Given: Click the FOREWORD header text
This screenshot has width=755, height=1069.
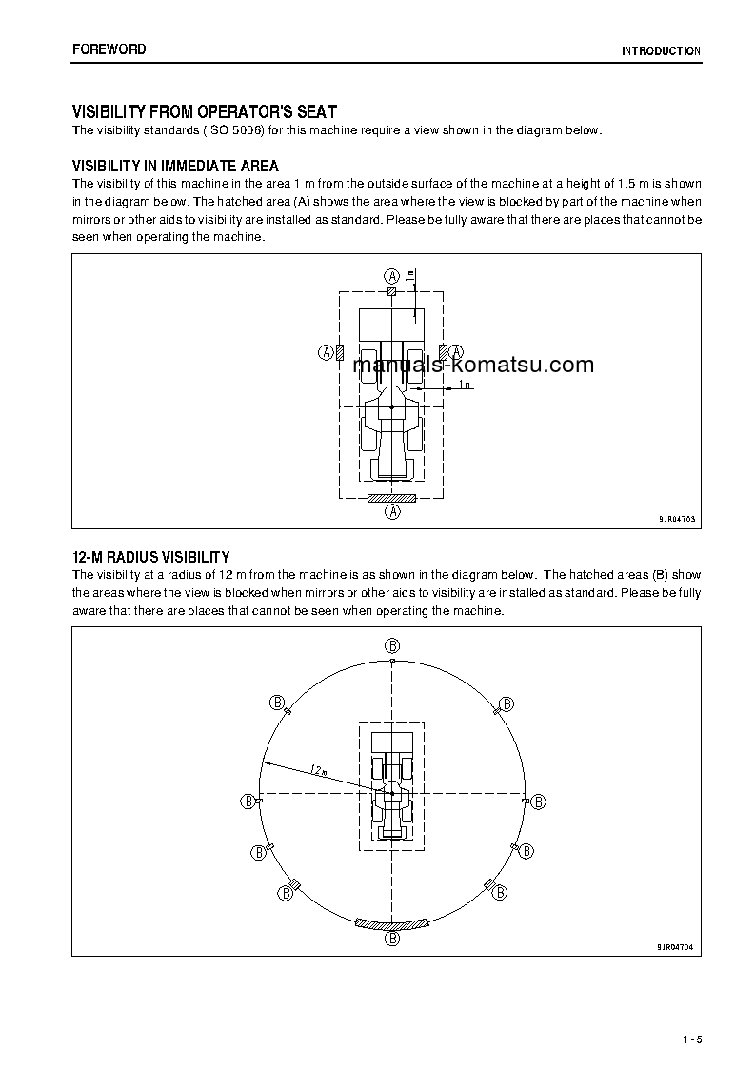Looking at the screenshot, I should pyautogui.click(x=109, y=49).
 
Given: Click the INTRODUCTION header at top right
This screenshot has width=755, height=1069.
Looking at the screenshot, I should pyautogui.click(x=661, y=51).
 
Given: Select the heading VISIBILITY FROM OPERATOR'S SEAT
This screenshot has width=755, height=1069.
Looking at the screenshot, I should pyautogui.click(x=205, y=112).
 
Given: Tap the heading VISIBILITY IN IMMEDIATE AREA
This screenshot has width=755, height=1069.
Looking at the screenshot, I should pyautogui.click(x=175, y=167).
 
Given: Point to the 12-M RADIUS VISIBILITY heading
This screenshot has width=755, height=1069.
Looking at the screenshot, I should pyautogui.click(x=151, y=557).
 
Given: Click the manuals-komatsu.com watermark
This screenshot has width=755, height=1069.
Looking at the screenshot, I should pyautogui.click(x=473, y=365).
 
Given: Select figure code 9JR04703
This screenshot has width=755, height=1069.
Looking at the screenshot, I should pyautogui.click(x=676, y=519).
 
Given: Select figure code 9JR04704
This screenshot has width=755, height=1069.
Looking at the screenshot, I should pyautogui.click(x=676, y=947).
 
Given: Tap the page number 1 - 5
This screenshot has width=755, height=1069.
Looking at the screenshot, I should pyautogui.click(x=692, y=1039).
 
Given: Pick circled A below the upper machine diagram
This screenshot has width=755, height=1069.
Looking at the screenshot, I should pyautogui.click(x=391, y=512).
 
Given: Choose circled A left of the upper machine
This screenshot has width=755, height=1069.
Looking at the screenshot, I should pyautogui.click(x=325, y=352).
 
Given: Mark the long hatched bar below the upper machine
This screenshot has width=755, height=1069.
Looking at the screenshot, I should pyautogui.click(x=391, y=497).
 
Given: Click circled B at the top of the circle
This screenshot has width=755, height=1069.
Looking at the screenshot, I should pyautogui.click(x=391, y=644).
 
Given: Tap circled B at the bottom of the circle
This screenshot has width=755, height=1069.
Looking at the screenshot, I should pyautogui.click(x=392, y=939).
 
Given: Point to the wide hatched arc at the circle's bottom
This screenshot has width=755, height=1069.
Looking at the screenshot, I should pyautogui.click(x=392, y=923).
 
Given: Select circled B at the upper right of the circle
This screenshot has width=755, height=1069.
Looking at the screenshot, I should pyautogui.click(x=507, y=703).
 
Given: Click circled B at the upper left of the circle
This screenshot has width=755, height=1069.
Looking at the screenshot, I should pyautogui.click(x=278, y=703).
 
